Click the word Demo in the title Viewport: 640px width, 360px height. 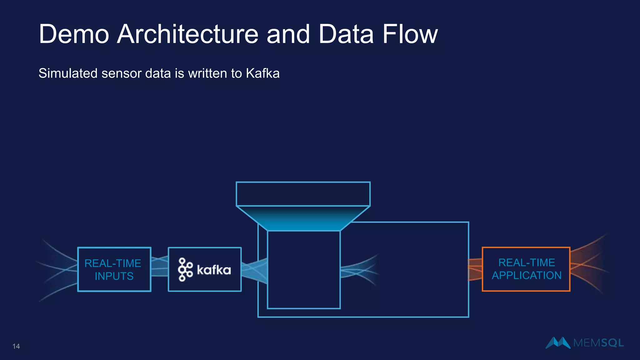coord(74,34)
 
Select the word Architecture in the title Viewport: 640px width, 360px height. coord(187,34)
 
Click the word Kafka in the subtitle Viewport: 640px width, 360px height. coord(262,73)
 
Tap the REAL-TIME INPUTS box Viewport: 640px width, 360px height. coord(114,269)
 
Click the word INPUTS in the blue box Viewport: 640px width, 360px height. coord(114,276)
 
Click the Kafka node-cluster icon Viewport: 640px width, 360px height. coord(185,269)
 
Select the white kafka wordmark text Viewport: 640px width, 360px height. coord(214,270)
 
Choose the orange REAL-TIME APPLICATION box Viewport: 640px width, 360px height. coord(526,269)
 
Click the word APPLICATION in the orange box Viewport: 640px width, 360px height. coord(527,276)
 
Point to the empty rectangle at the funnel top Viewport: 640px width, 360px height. coord(303,194)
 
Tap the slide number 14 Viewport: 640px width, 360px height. coord(16,346)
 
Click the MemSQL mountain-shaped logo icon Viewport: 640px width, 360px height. coord(558,342)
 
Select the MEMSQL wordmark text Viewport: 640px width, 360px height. coord(598,343)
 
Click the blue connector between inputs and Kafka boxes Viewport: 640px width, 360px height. coord(159,268)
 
